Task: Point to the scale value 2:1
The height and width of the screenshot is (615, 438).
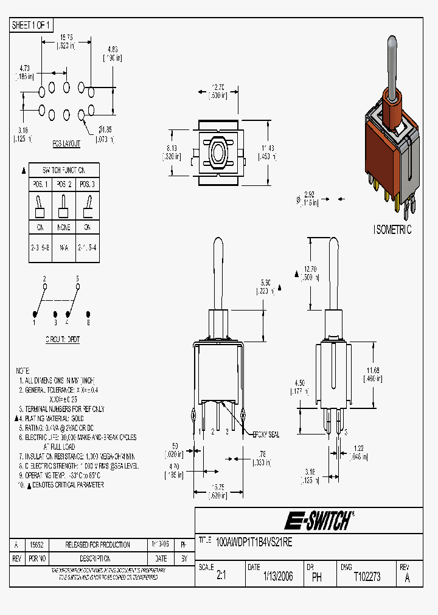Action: tap(220, 577)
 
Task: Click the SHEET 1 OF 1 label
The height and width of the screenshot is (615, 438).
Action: tap(32, 25)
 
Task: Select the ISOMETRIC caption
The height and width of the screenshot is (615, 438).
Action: tap(392, 230)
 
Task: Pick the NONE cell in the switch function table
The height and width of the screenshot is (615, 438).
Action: tap(64, 227)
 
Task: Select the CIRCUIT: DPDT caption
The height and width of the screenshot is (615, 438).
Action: tap(63, 339)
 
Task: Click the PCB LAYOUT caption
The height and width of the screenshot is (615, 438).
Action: tap(66, 145)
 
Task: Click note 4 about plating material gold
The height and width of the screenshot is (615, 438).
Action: tap(55, 419)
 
